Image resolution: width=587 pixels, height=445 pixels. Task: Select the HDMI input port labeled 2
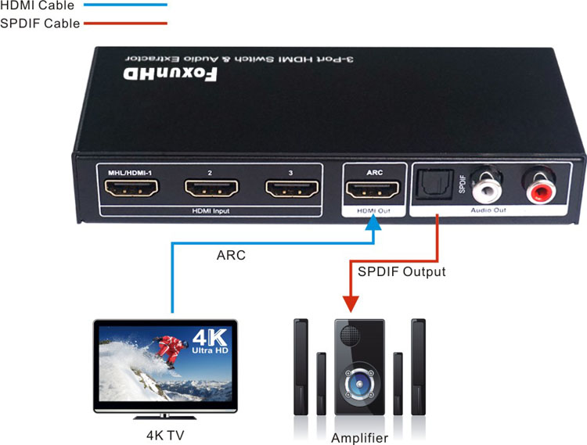pyautogui.click(x=211, y=188)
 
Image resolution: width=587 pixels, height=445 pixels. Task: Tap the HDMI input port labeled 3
pyautogui.click(x=293, y=188)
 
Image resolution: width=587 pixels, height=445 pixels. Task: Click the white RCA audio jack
pyautogui.click(x=491, y=188)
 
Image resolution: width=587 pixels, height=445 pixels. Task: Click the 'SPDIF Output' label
pyautogui.click(x=402, y=272)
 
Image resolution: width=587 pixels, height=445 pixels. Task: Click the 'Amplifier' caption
pyautogui.click(x=359, y=437)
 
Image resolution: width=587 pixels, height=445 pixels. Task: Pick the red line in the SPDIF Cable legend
pyautogui.click(x=125, y=23)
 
